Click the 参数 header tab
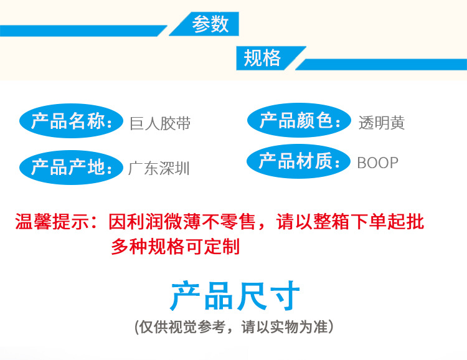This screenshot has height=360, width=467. (210, 24)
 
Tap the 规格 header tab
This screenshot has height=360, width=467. (263, 59)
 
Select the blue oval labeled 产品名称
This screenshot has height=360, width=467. (70, 121)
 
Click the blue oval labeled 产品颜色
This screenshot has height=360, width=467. (299, 120)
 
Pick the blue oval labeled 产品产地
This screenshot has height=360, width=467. (70, 167)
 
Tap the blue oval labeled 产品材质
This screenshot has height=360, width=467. (299, 162)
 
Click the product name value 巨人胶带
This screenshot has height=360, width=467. (160, 123)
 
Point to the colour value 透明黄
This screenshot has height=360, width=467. (381, 123)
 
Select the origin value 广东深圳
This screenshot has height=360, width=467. (159, 168)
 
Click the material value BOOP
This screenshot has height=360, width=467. (377, 163)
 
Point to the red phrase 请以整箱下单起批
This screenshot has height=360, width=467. (350, 221)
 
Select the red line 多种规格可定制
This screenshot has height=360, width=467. (175, 246)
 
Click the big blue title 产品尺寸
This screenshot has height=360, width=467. (235, 296)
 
